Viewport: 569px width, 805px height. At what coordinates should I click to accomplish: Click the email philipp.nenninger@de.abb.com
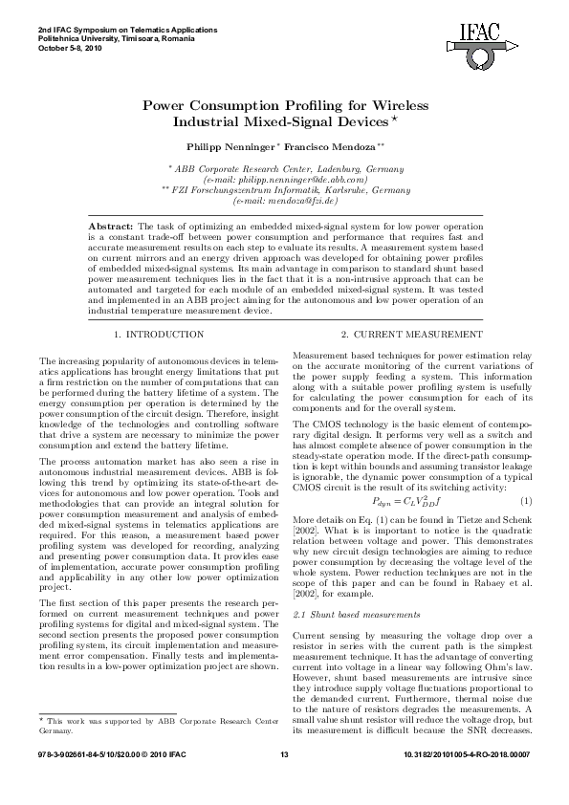point(286,179)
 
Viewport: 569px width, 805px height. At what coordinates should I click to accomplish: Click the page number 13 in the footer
point(284,784)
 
